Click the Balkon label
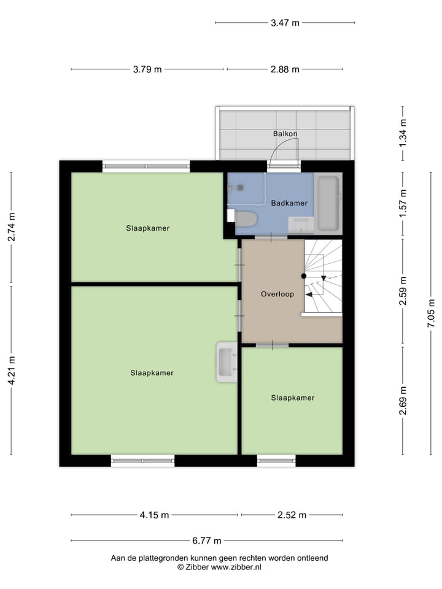tap(285, 134)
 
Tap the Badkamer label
tap(289, 203)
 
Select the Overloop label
tap(277, 294)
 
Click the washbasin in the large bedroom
tap(226, 362)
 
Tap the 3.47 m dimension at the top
tap(285, 23)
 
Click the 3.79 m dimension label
tap(147, 69)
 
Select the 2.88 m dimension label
tap(285, 69)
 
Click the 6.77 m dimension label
tap(207, 541)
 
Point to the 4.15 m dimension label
tap(154, 515)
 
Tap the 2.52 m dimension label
tap(292, 515)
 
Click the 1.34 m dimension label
tap(403, 134)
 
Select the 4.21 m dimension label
tap(11, 371)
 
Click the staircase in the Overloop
tap(323, 276)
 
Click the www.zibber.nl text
tap(236, 568)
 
